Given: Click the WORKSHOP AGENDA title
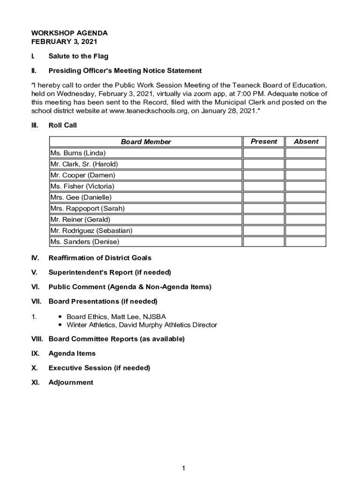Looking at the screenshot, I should [69, 33].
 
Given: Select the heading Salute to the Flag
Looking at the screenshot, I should [78, 56].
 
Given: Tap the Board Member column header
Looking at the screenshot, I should [146, 142].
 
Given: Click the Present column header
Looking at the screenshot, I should [264, 141].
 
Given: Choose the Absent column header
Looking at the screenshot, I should [306, 141].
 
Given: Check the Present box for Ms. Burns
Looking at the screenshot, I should [264, 153].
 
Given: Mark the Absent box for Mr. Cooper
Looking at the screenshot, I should [306, 175].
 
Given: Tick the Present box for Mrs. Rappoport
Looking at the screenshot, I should [264, 209].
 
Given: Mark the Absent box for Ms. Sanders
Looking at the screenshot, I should [306, 242].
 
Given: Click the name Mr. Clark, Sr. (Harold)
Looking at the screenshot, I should [84, 164].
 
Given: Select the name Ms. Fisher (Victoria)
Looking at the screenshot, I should [82, 186].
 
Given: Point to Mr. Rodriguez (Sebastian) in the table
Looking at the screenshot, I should [91, 231].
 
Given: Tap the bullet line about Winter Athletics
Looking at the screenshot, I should [142, 325].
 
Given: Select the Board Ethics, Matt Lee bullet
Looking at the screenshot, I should [116, 317].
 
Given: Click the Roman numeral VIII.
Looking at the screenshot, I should [37, 339].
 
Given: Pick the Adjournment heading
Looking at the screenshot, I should [71, 383].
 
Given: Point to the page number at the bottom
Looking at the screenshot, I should [184, 468].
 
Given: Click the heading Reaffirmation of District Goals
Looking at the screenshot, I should [100, 258].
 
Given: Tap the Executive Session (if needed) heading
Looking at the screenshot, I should [99, 368].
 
